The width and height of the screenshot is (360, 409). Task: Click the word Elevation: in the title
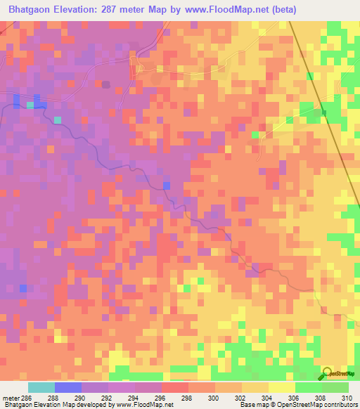click(81, 10)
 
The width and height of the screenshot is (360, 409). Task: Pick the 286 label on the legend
click(25, 397)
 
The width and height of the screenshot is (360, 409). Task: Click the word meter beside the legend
click(10, 397)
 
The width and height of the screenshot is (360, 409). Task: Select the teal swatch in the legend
click(41, 387)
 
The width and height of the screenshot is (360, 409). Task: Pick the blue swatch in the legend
click(68, 387)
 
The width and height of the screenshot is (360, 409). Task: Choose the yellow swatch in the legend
click(281, 387)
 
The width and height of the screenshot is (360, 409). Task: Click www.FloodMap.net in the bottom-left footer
click(145, 405)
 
